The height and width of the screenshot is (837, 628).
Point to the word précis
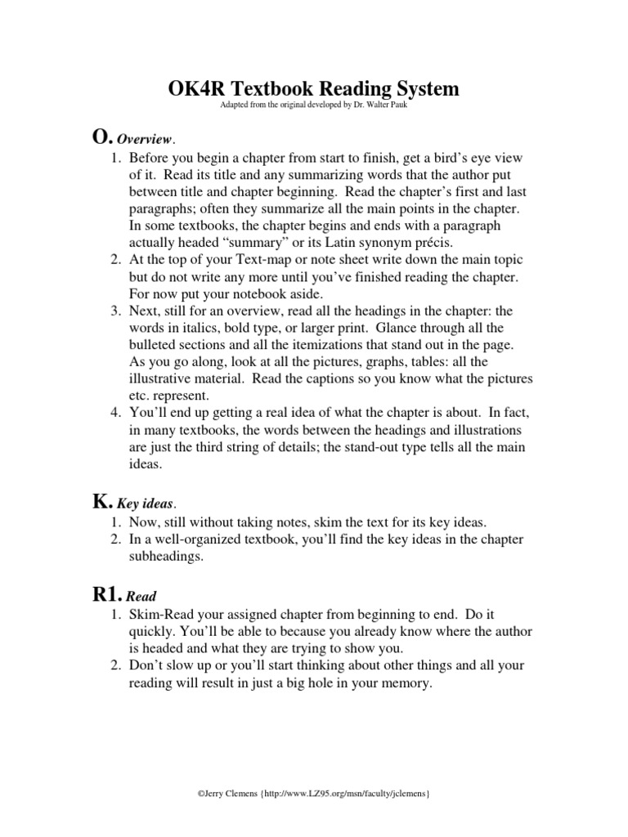click(x=417, y=243)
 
